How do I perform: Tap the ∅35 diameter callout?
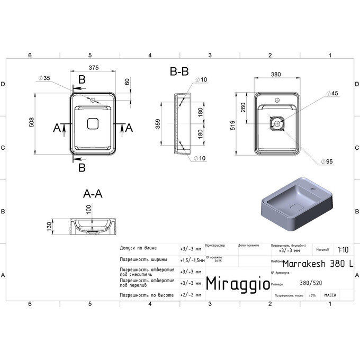(x=44, y=78)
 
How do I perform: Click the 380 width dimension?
(x=276, y=75)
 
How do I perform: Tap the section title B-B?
(x=179, y=71)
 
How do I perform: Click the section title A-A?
(x=93, y=194)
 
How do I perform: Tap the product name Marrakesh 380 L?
(x=319, y=263)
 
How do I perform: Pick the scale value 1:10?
(x=343, y=249)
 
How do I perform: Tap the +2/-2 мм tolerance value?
(x=191, y=295)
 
